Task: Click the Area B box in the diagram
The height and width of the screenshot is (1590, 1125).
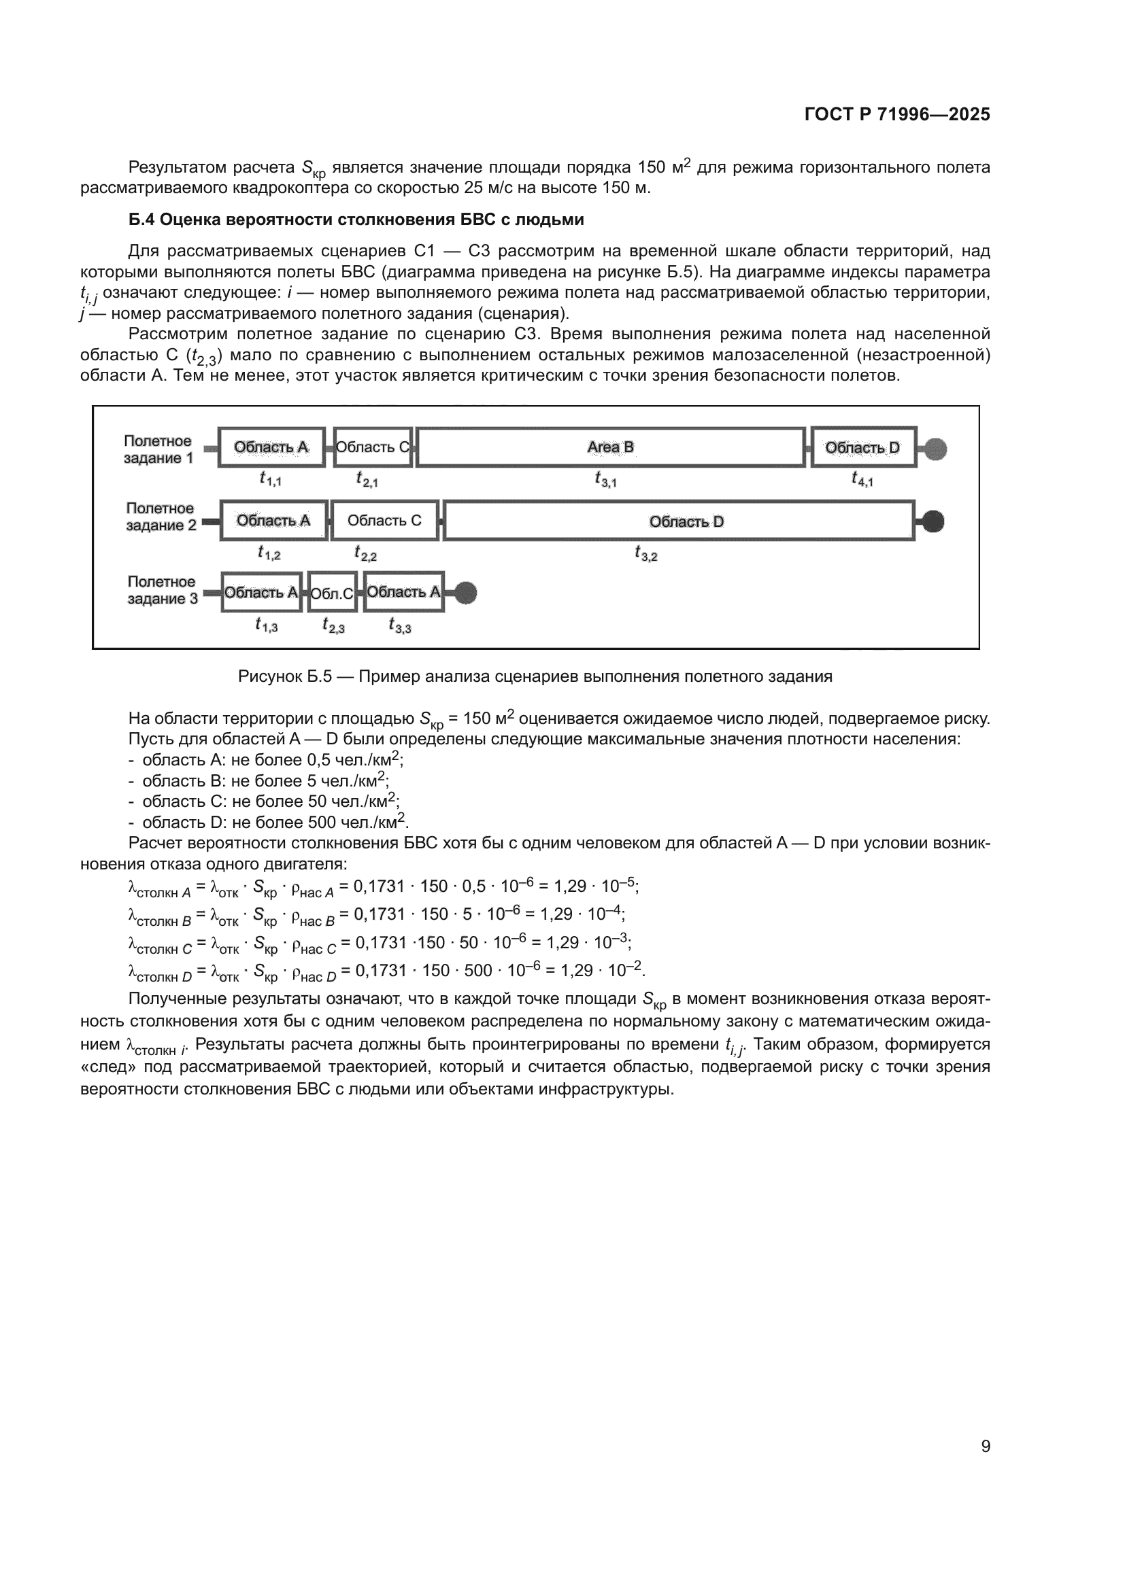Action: click(x=610, y=447)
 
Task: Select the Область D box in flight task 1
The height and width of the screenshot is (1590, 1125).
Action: click(x=863, y=447)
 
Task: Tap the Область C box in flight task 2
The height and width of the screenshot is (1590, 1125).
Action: click(x=384, y=520)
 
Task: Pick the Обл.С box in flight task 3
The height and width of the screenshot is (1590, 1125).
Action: click(x=333, y=593)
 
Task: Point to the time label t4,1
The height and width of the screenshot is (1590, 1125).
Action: click(x=862, y=479)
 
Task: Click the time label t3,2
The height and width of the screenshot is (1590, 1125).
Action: click(x=645, y=553)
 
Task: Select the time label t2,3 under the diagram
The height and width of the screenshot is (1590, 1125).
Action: click(x=333, y=626)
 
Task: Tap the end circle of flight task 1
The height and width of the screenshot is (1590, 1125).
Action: click(x=936, y=449)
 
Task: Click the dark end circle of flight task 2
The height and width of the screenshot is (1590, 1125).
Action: click(x=933, y=521)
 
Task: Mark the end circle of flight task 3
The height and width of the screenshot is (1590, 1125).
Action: click(x=465, y=593)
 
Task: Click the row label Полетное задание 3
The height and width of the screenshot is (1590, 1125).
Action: click(x=162, y=590)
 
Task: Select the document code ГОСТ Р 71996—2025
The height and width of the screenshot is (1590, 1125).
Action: click(x=897, y=114)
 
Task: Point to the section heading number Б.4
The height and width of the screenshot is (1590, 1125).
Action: click(x=141, y=220)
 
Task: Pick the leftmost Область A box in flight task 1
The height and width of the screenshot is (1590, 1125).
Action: click(x=271, y=447)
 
